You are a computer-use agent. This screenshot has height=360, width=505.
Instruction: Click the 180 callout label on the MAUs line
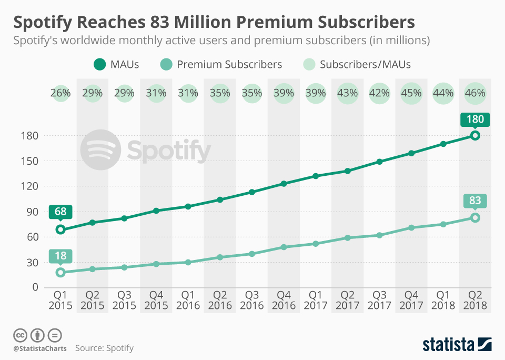475,119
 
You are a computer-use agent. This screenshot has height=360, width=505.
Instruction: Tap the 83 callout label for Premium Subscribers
475,201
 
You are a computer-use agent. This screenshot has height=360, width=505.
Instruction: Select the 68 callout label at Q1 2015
60,212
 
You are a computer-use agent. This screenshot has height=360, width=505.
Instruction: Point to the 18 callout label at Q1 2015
60,256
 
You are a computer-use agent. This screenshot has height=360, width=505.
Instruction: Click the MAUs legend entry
117,65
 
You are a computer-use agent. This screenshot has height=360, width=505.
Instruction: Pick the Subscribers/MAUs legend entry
357,65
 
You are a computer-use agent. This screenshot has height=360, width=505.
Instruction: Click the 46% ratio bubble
475,93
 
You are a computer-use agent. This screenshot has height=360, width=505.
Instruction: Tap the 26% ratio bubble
60,93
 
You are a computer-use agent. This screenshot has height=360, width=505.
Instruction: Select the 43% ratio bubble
347,93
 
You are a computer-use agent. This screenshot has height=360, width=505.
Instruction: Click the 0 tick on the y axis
34,287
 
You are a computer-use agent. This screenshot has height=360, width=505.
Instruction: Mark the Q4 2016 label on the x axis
284,300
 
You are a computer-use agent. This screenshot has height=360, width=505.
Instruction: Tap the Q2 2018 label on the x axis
475,300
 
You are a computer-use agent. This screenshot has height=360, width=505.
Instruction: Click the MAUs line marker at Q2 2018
475,136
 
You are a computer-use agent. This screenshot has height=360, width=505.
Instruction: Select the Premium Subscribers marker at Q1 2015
60,272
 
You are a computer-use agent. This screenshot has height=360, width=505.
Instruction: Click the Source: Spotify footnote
104,348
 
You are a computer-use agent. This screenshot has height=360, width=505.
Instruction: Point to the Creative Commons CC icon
20,335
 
